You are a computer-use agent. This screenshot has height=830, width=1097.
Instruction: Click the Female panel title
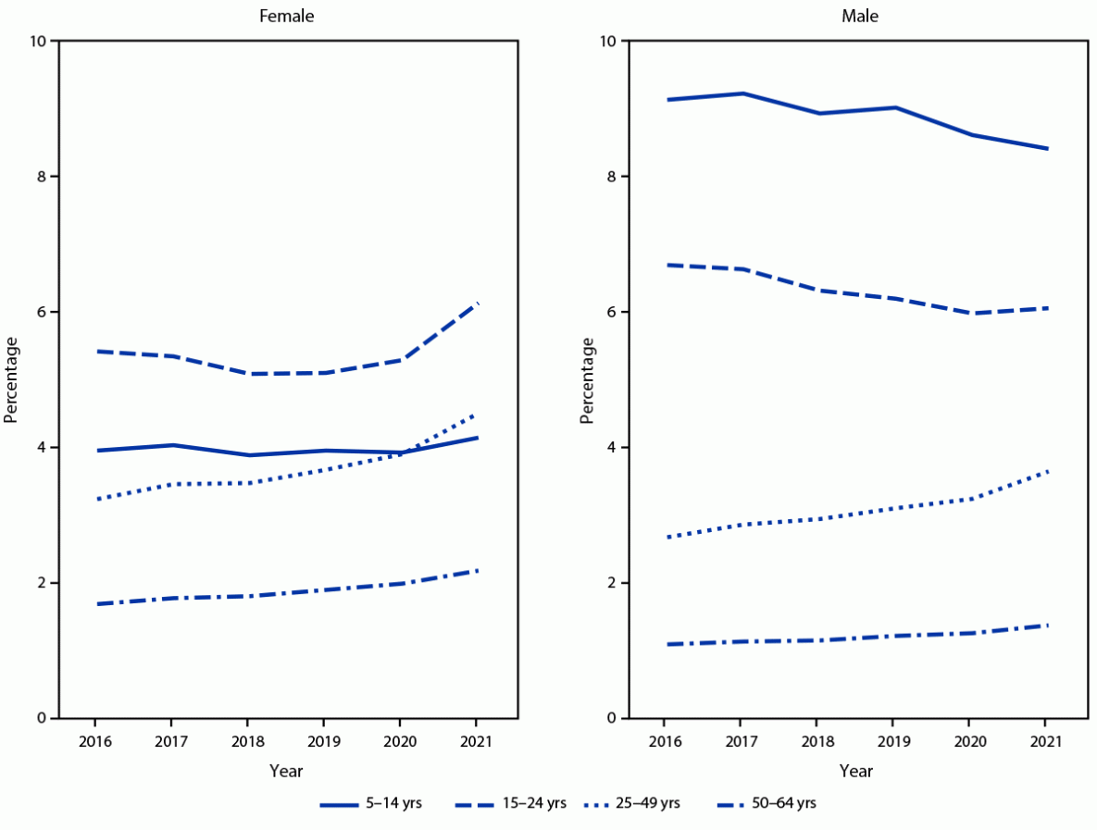286,16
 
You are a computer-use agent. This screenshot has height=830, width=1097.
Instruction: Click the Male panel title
855,16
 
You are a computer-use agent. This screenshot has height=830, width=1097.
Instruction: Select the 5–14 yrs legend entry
370,803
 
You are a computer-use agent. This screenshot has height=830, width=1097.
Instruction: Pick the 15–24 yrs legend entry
509,803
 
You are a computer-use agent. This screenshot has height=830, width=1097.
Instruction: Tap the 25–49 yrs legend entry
632,803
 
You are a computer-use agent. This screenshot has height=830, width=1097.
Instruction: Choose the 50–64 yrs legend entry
767,803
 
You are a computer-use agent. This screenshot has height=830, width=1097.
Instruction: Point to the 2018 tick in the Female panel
247,740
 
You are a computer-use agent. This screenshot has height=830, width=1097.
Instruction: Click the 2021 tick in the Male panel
1045,740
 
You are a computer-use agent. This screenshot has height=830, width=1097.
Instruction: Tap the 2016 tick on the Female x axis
95,740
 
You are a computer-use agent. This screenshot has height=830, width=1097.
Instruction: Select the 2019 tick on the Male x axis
892,740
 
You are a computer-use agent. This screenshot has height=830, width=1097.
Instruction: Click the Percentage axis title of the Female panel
11,379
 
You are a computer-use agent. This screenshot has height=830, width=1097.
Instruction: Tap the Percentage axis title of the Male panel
587,379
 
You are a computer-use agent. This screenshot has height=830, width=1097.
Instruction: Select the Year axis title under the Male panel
855,771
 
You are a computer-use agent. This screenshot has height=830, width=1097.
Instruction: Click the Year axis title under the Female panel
286,771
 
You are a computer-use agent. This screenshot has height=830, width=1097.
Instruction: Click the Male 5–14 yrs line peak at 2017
741,93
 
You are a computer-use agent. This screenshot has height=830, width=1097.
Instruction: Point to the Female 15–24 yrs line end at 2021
476,303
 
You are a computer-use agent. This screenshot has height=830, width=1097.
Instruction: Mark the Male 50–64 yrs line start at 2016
665,644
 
